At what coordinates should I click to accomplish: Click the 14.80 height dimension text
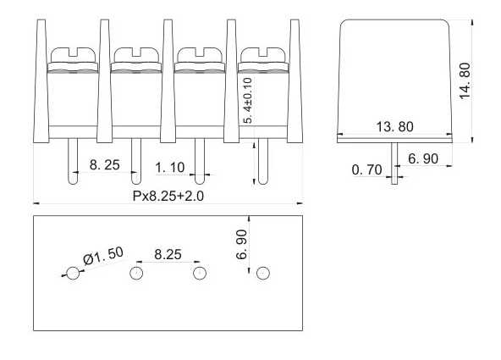click(465, 80)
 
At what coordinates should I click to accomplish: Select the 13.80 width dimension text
click(394, 126)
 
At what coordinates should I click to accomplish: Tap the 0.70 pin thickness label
click(366, 169)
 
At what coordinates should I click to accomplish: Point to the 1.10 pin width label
click(169, 168)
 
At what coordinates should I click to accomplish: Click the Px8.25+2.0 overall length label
click(168, 196)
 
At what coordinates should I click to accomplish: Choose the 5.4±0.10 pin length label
click(248, 100)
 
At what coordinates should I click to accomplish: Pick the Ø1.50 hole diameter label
click(103, 256)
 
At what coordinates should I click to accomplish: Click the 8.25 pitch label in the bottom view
click(168, 254)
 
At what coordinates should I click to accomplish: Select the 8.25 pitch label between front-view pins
click(104, 165)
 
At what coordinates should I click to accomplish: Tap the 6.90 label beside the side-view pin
click(423, 158)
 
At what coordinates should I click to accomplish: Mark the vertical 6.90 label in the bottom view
click(241, 244)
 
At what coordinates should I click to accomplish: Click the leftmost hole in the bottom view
click(73, 273)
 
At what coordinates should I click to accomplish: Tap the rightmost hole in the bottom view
click(263, 273)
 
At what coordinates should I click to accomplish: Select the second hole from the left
click(136, 273)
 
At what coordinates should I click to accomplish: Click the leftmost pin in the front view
click(73, 161)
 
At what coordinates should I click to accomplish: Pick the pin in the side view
click(394, 163)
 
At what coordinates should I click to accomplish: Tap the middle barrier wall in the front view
click(168, 80)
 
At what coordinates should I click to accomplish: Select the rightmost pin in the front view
click(263, 161)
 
